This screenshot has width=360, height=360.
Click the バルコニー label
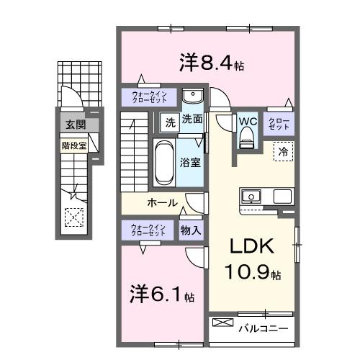264,329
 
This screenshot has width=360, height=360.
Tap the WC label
247,120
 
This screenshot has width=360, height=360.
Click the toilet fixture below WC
247,136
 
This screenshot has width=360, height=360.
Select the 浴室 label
191,163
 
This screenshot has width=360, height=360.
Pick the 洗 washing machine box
168,121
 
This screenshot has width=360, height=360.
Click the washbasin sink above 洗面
192,97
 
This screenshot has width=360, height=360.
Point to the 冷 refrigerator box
283,152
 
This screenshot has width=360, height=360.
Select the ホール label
163,203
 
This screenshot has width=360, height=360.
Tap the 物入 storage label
190,230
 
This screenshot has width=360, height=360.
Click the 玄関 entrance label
74,125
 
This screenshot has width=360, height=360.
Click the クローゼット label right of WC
278,122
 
